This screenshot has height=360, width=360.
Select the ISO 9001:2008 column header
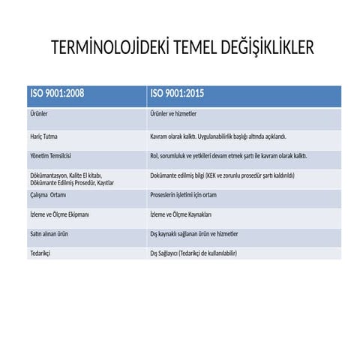tap(56, 94)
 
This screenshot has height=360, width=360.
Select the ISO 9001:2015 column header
tap(178, 94)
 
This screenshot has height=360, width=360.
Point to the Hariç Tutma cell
tap(44, 137)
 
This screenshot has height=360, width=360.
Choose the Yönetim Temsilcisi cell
tap(50, 157)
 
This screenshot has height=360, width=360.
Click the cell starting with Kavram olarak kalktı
tap(218, 137)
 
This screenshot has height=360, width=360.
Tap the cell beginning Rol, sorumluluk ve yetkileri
tap(228, 157)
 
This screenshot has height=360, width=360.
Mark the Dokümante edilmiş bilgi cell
tap(222, 175)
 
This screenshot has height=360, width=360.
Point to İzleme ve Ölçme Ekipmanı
tap(59, 215)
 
